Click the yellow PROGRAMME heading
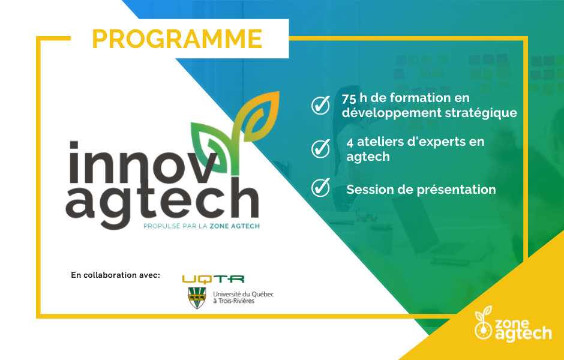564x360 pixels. (177, 38)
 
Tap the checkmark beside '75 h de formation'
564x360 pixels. (320, 104)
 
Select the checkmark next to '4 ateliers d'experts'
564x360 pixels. (320, 148)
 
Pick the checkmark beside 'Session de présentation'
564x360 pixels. (320, 187)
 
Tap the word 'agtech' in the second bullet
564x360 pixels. (368, 157)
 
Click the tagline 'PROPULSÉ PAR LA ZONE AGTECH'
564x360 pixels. (202, 226)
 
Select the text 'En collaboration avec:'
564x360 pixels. (115, 275)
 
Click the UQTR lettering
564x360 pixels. (213, 279)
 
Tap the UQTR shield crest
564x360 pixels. (197, 298)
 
